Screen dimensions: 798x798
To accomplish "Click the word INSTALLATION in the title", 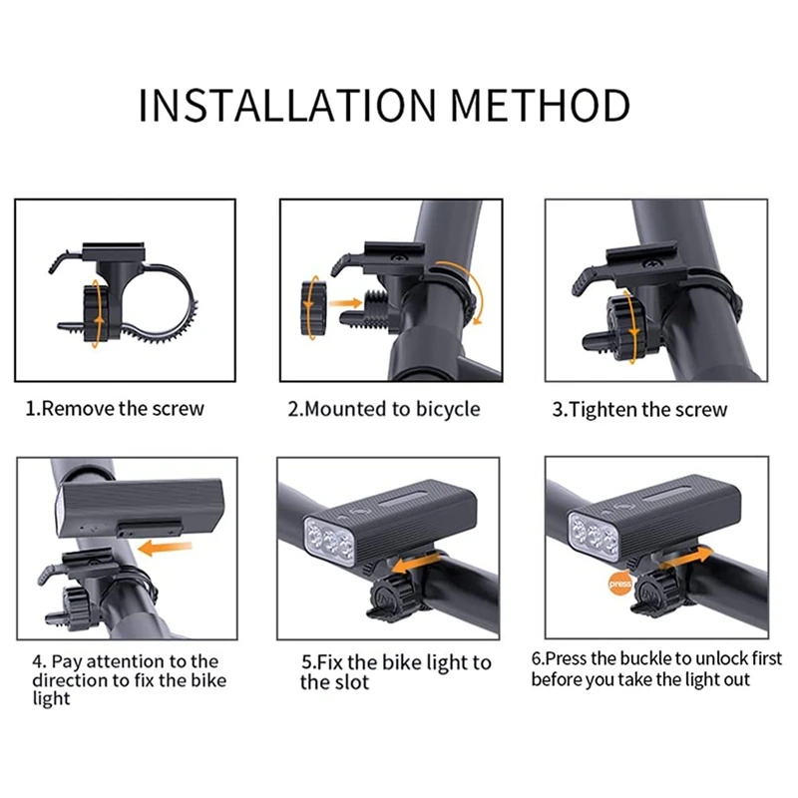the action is pyautogui.click(x=287, y=106).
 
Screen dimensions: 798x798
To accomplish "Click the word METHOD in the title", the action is pyautogui.click(x=541, y=106).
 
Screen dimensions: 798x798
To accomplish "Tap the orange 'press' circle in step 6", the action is pyautogui.click(x=619, y=584).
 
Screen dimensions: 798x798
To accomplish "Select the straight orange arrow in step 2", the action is pyautogui.click(x=345, y=304).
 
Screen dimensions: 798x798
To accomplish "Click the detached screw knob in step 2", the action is pyautogui.click(x=313, y=307).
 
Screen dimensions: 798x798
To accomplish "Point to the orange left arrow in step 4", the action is pyautogui.click(x=165, y=548).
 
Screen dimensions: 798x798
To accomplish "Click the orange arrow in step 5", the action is pyautogui.click(x=416, y=564).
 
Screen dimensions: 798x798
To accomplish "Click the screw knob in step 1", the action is pyautogui.click(x=97, y=312).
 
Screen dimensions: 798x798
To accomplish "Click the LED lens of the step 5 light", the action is pyautogui.click(x=329, y=540).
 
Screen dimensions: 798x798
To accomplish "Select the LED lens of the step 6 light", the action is pyautogui.click(x=594, y=537).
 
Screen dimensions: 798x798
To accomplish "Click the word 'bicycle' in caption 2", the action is pyautogui.click(x=448, y=410).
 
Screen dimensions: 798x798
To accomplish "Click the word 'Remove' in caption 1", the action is pyautogui.click(x=78, y=409).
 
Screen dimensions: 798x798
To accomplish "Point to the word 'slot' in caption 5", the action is pyautogui.click(x=352, y=682).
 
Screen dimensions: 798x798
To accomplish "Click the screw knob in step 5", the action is pyautogui.click(x=390, y=597).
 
